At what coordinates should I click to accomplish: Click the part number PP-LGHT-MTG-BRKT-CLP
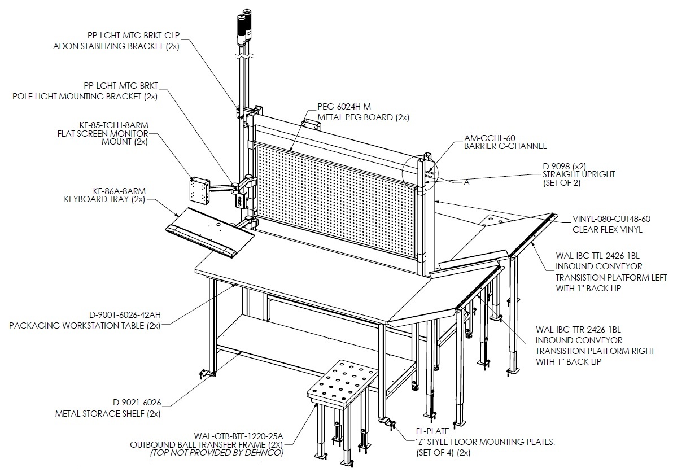coord(133,35)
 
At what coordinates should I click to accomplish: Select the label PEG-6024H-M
coord(344,106)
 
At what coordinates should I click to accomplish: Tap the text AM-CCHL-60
coord(490,138)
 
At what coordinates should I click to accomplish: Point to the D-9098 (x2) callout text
coord(565,166)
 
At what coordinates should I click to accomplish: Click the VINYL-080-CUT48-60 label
coord(611,219)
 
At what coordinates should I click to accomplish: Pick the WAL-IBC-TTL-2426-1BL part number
coord(599,256)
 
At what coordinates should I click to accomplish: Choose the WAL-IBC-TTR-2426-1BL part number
coord(578,330)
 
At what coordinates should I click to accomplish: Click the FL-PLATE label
coord(432,431)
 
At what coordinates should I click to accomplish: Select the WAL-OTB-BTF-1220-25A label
coord(238,435)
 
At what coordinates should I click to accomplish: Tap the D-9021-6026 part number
coord(137,403)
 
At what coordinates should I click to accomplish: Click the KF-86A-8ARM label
coord(119,191)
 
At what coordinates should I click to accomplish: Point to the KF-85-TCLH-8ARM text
coord(113,125)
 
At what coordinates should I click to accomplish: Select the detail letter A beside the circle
coord(466,182)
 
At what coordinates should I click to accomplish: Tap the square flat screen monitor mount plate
coord(199,190)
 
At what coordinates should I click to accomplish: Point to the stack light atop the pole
coord(243,27)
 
